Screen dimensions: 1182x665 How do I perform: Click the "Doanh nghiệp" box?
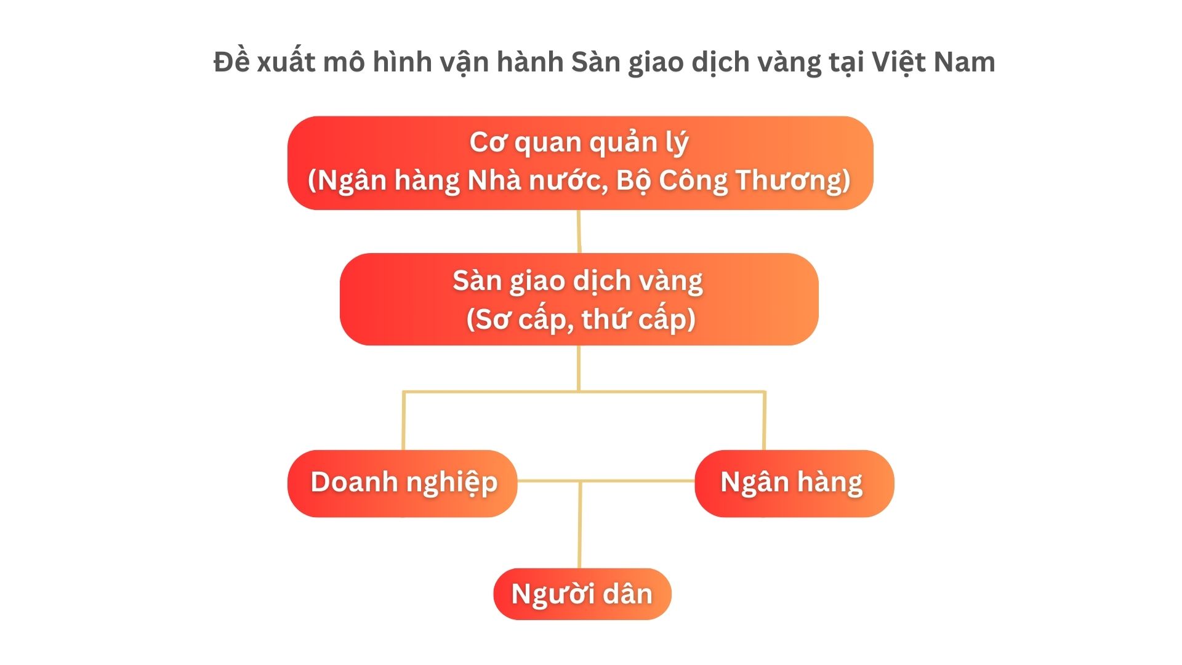pyautogui.click(x=403, y=483)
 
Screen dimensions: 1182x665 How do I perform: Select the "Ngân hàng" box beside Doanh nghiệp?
pyautogui.click(x=794, y=483)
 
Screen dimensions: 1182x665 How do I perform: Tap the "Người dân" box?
pyautogui.click(x=582, y=594)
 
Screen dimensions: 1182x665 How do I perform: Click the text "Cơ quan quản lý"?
pyautogui.click(x=579, y=143)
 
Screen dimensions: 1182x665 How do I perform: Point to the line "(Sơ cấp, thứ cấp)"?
pyautogui.click(x=581, y=319)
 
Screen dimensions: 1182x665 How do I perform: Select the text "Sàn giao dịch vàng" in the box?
pyautogui.click(x=577, y=281)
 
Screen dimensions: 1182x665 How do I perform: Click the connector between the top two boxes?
pyautogui.click(x=579, y=232)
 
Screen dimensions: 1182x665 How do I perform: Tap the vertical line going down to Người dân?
pyautogui.click(x=579, y=525)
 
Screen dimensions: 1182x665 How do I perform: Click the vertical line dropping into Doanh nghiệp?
pyautogui.click(x=403, y=421)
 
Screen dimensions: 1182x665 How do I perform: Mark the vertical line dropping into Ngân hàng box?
pyautogui.click(x=764, y=421)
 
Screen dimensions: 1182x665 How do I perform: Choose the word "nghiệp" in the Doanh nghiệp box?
pyautogui.click(x=452, y=483)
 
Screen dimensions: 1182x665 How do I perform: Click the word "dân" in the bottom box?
pyautogui.click(x=627, y=594)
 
